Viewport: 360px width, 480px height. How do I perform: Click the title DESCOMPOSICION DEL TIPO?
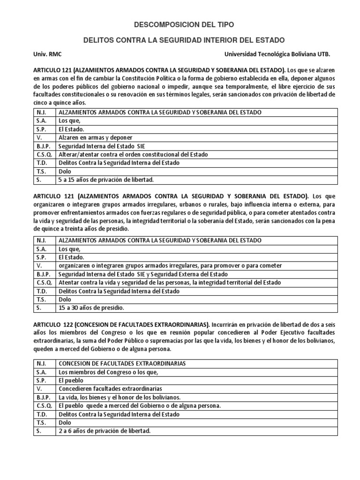(x=180, y=24)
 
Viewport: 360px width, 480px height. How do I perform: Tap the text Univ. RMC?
(x=45, y=54)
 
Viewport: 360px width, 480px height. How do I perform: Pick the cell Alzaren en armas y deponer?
(x=96, y=137)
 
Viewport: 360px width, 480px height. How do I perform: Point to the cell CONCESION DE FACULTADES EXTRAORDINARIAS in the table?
(x=122, y=363)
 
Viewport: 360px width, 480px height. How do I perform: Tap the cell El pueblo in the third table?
(x=71, y=380)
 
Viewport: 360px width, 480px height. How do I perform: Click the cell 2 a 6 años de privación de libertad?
(x=105, y=431)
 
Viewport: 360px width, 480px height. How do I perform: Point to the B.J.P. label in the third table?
(x=44, y=397)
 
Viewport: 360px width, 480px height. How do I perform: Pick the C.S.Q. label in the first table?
(x=44, y=154)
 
